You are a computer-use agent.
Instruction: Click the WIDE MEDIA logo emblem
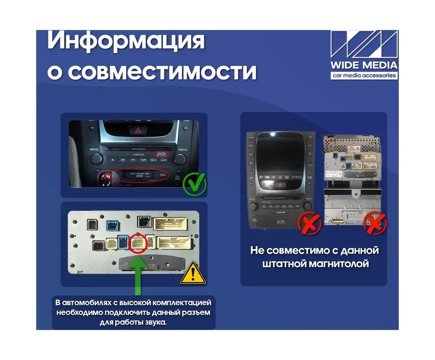click(x=364, y=45)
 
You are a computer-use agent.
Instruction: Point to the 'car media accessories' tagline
click(x=364, y=76)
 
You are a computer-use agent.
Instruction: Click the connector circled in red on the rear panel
click(x=137, y=244)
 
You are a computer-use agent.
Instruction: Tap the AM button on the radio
click(x=123, y=160)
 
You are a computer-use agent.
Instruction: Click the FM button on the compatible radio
click(x=133, y=160)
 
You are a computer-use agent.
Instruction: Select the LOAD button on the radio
click(x=164, y=160)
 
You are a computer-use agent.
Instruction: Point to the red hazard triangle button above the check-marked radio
click(x=134, y=129)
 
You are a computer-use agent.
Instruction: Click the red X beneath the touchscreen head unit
click(x=309, y=223)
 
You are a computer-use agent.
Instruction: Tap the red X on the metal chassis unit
click(x=375, y=223)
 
